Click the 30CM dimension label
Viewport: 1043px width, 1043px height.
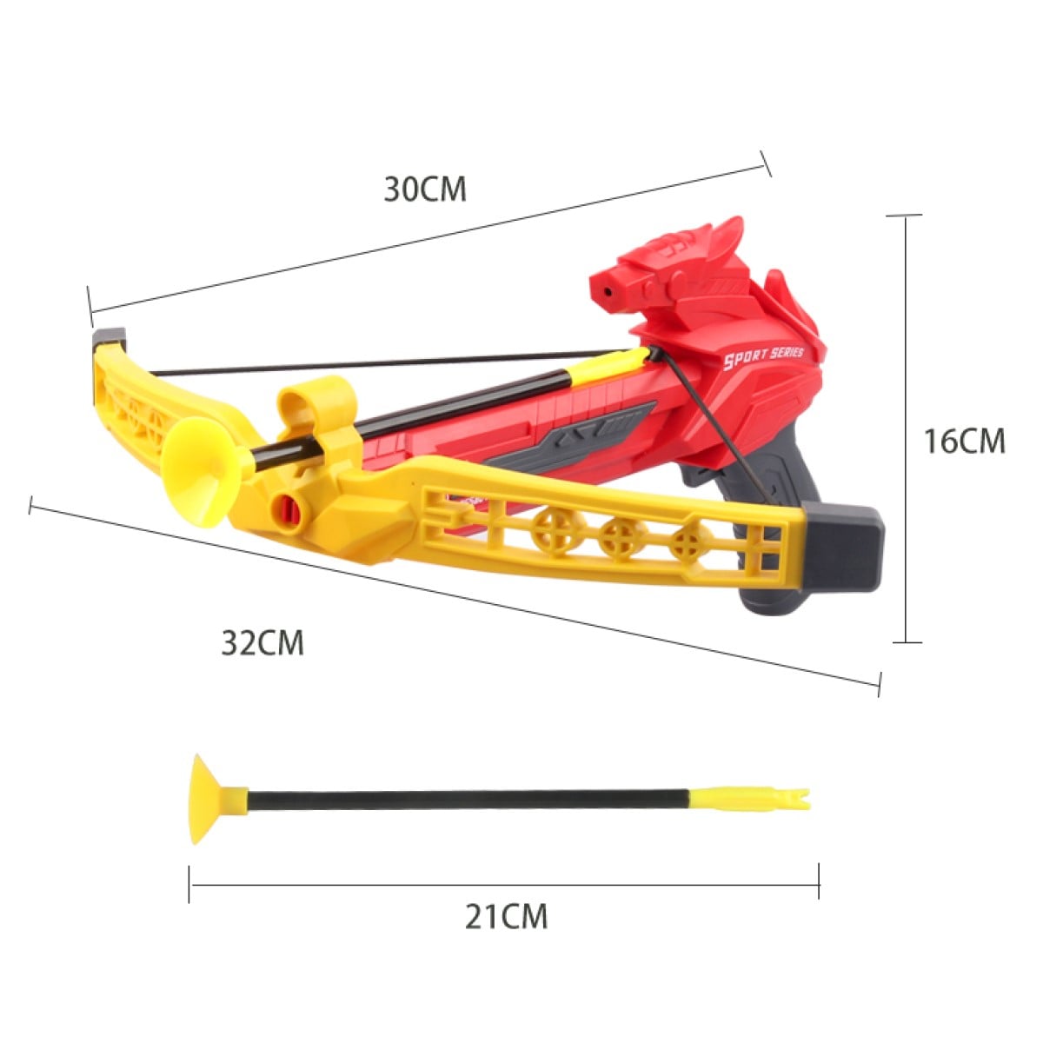[425, 189]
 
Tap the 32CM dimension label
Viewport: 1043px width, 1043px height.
[262, 643]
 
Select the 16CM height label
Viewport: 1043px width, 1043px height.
[964, 442]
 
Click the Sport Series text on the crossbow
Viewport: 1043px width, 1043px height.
[764, 358]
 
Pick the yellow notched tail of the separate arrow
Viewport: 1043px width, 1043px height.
[749, 799]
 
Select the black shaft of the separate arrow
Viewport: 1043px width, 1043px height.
[468, 800]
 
